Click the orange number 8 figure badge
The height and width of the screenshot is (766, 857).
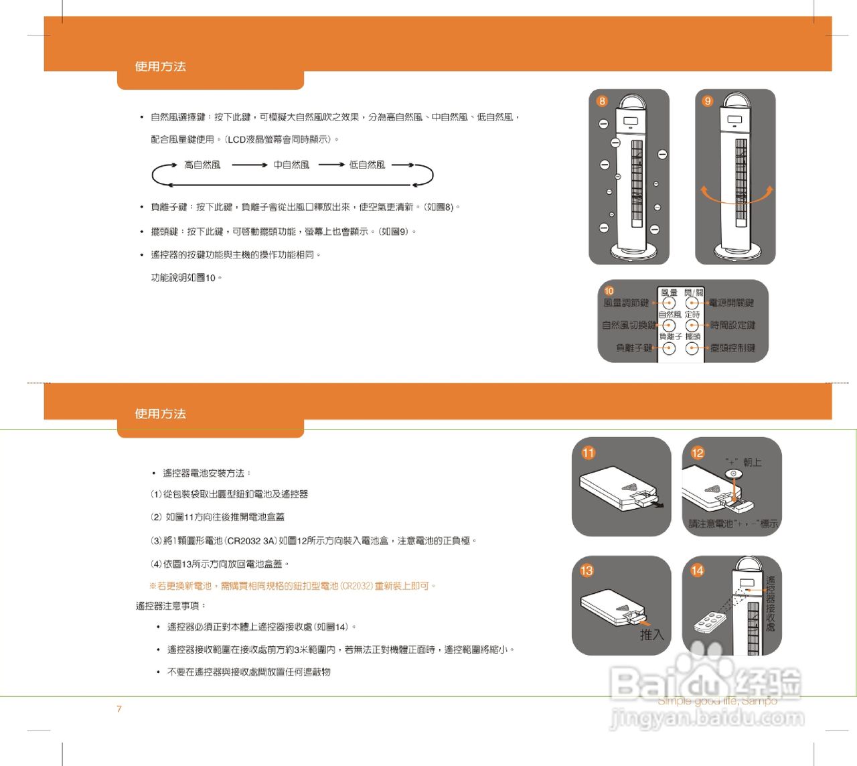click(602, 101)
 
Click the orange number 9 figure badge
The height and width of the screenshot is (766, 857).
click(708, 101)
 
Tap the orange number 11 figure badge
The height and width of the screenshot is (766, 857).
click(588, 453)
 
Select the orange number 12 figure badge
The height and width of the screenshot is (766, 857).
click(698, 453)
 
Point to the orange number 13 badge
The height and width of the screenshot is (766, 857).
click(587, 570)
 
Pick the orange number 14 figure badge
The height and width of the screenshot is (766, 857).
click(698, 570)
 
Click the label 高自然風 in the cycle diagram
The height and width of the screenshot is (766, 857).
click(202, 165)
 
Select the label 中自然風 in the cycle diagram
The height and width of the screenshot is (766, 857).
click(291, 165)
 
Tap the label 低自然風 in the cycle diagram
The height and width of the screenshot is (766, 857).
click(367, 165)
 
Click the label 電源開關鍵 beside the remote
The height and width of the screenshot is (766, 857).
click(731, 303)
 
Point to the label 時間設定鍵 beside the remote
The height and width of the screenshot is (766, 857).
click(732, 325)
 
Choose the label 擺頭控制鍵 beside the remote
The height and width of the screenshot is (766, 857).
click(732, 348)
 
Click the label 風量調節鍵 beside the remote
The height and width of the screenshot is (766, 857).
click(626, 303)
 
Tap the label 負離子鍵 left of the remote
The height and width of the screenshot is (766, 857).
click(634, 348)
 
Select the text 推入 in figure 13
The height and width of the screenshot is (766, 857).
click(651, 634)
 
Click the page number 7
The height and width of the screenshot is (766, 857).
click(119, 709)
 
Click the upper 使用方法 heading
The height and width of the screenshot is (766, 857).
click(160, 66)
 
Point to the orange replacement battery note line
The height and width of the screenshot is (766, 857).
click(293, 586)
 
